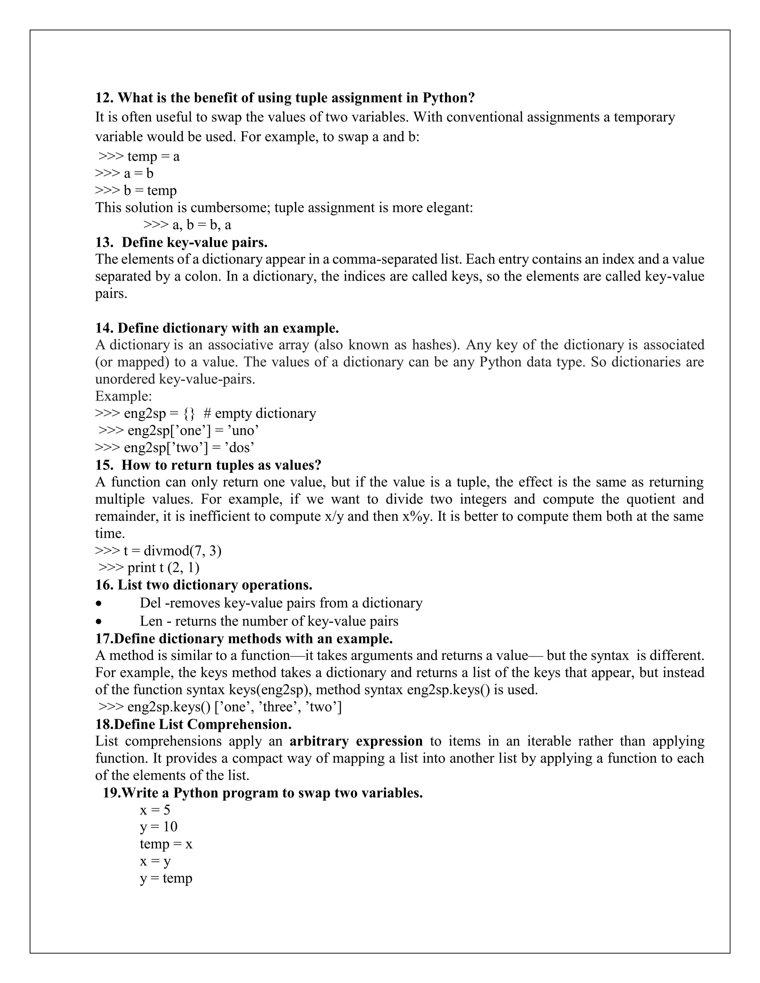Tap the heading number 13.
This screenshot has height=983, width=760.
[104, 242]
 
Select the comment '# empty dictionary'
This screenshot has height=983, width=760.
[260, 413]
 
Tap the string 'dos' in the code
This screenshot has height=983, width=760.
[239, 447]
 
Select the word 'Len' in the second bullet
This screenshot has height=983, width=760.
[151, 621]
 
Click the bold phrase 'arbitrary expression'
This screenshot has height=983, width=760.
[356, 741]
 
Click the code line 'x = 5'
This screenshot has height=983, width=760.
[155, 810]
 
